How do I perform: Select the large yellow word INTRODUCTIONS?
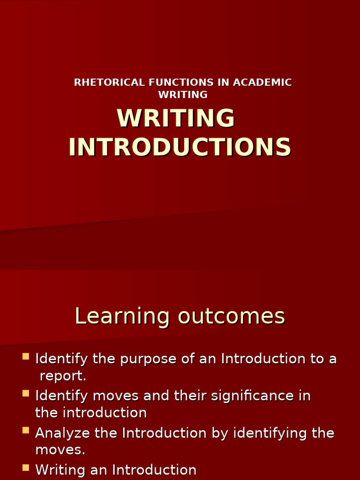coord(180,147)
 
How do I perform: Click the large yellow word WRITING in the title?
coord(176,118)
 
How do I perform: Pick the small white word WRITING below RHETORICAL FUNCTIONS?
coord(183,95)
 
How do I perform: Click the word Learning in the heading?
coord(122,316)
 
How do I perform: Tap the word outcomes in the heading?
coord(232,316)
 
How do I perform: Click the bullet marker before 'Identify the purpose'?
coord(26,357)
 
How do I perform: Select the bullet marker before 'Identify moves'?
coord(26,394)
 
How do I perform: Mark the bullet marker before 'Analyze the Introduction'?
coord(26,430)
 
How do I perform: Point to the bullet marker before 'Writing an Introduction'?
coord(26,467)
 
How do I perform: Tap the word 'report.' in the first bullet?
coord(63,376)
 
